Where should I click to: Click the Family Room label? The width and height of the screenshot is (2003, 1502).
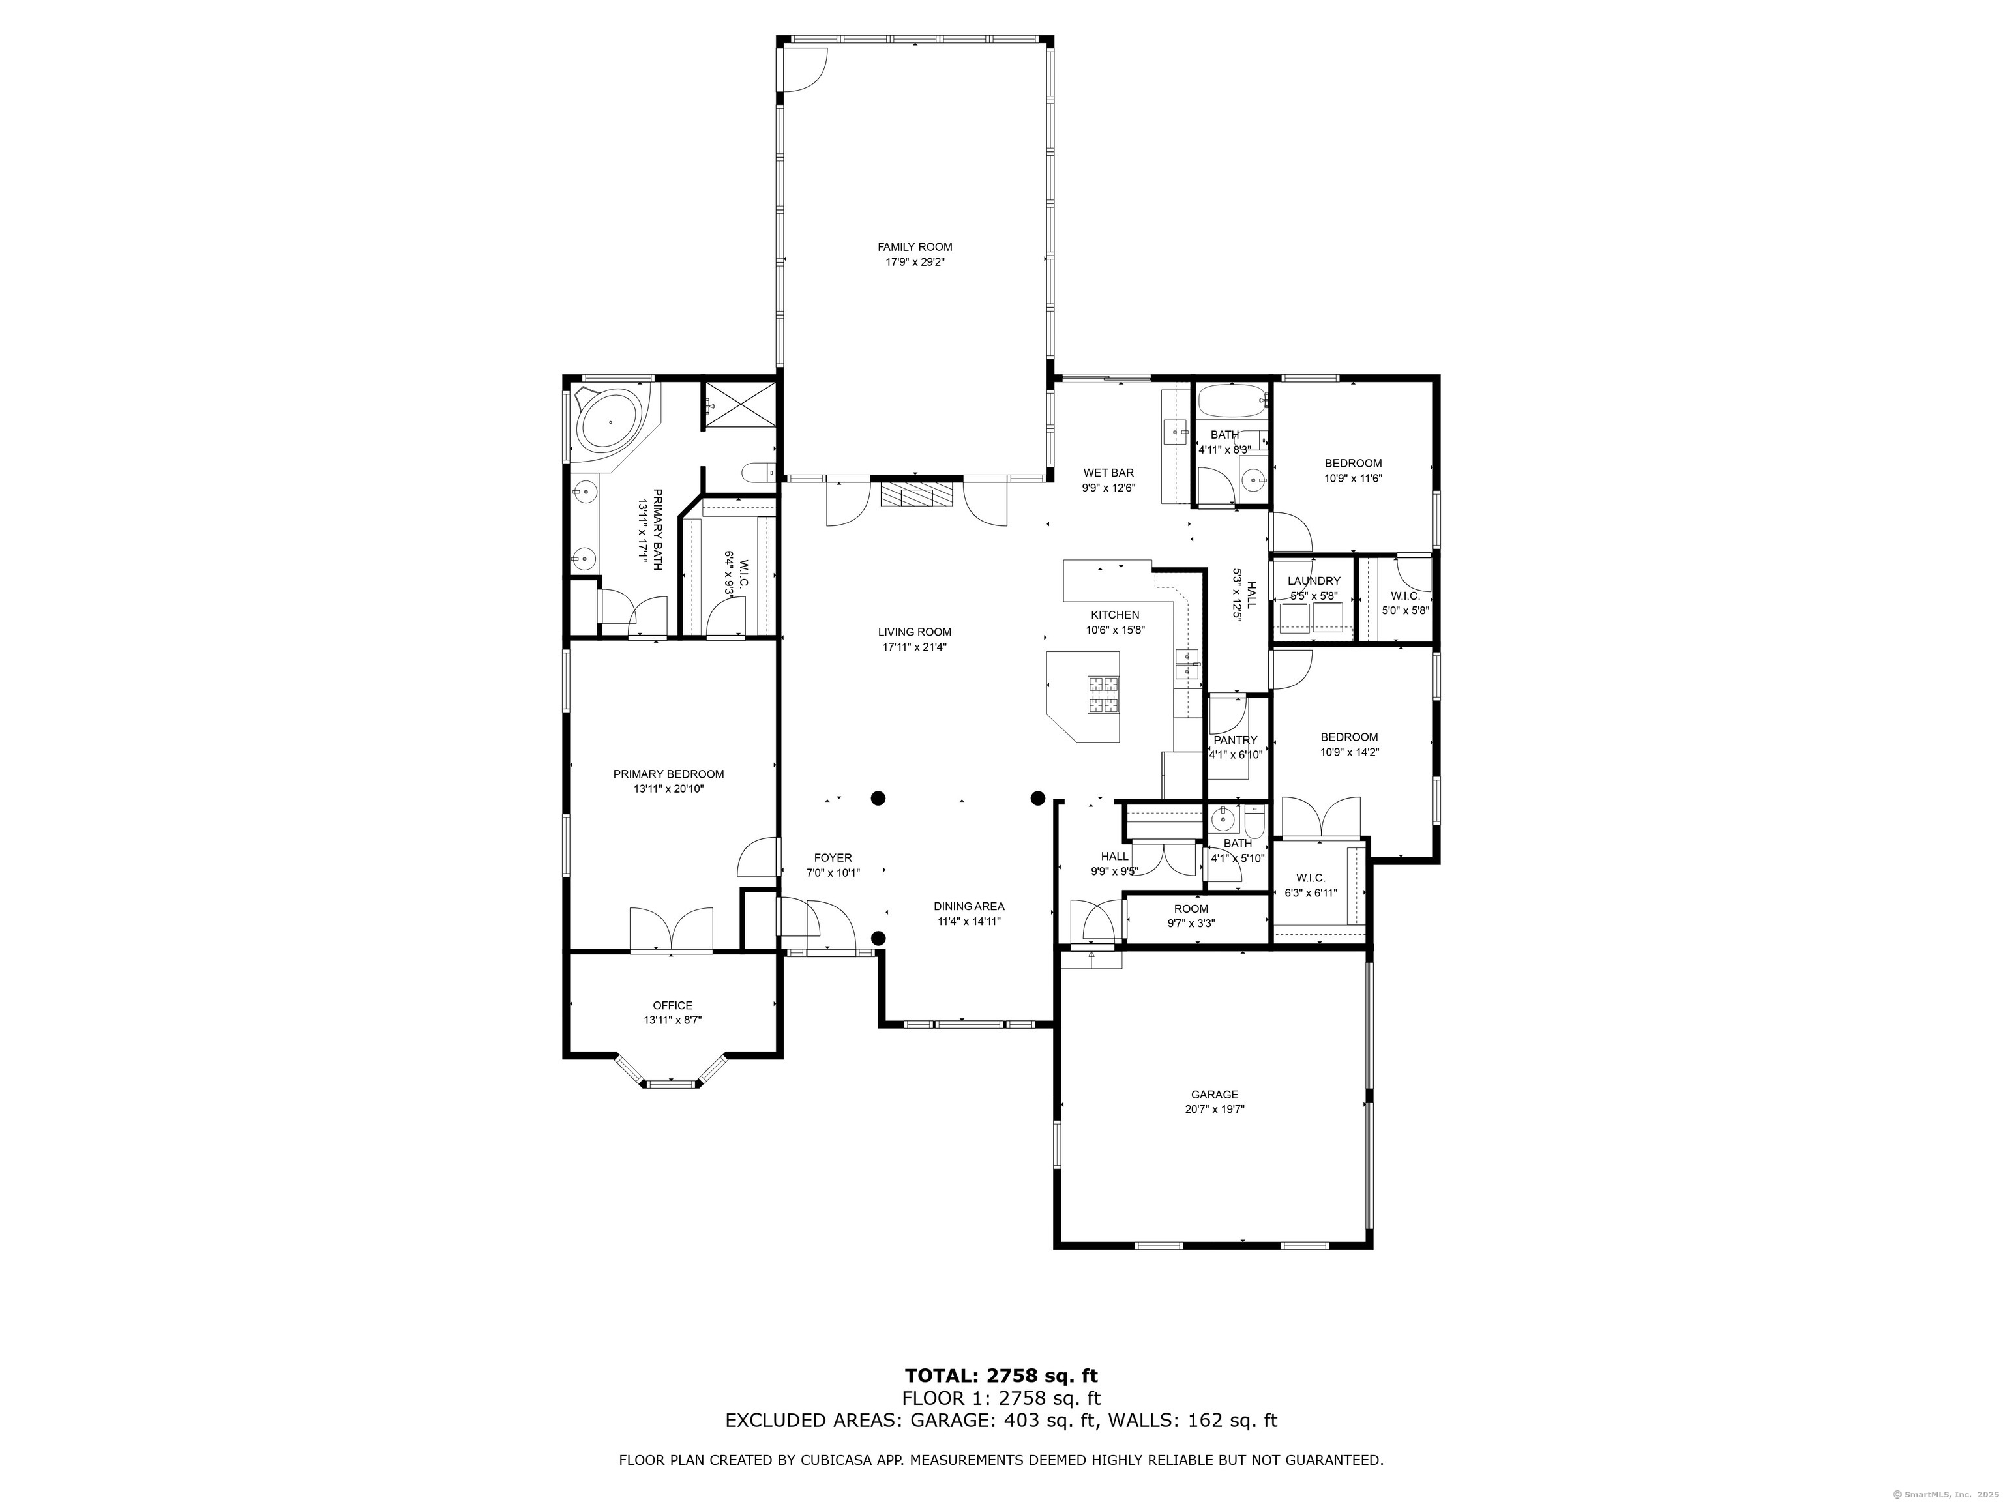click(915, 247)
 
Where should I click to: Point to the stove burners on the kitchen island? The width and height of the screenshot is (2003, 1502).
click(1104, 696)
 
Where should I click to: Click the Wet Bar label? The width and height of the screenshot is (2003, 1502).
click(1108, 473)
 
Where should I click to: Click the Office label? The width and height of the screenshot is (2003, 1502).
click(673, 1005)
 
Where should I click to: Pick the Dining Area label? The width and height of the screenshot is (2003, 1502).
click(969, 906)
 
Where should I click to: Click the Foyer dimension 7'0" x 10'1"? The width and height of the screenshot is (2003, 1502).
click(833, 873)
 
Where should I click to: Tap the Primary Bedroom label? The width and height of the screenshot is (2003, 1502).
click(668, 774)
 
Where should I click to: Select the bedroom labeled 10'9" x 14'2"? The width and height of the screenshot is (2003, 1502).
click(1349, 744)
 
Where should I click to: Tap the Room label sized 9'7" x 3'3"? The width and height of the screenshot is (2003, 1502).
click(1191, 909)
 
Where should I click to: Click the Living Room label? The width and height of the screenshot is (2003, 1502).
click(915, 632)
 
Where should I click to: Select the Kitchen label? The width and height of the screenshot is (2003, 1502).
click(1115, 615)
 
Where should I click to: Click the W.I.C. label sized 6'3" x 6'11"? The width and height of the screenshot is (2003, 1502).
click(1311, 878)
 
